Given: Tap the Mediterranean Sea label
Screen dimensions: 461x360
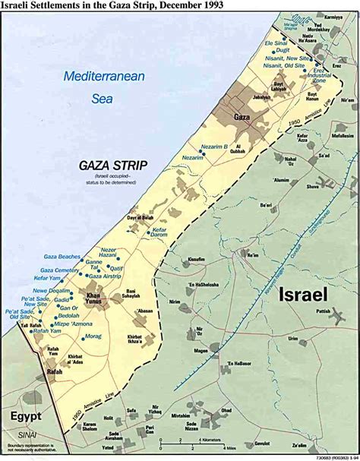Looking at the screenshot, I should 92,87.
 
